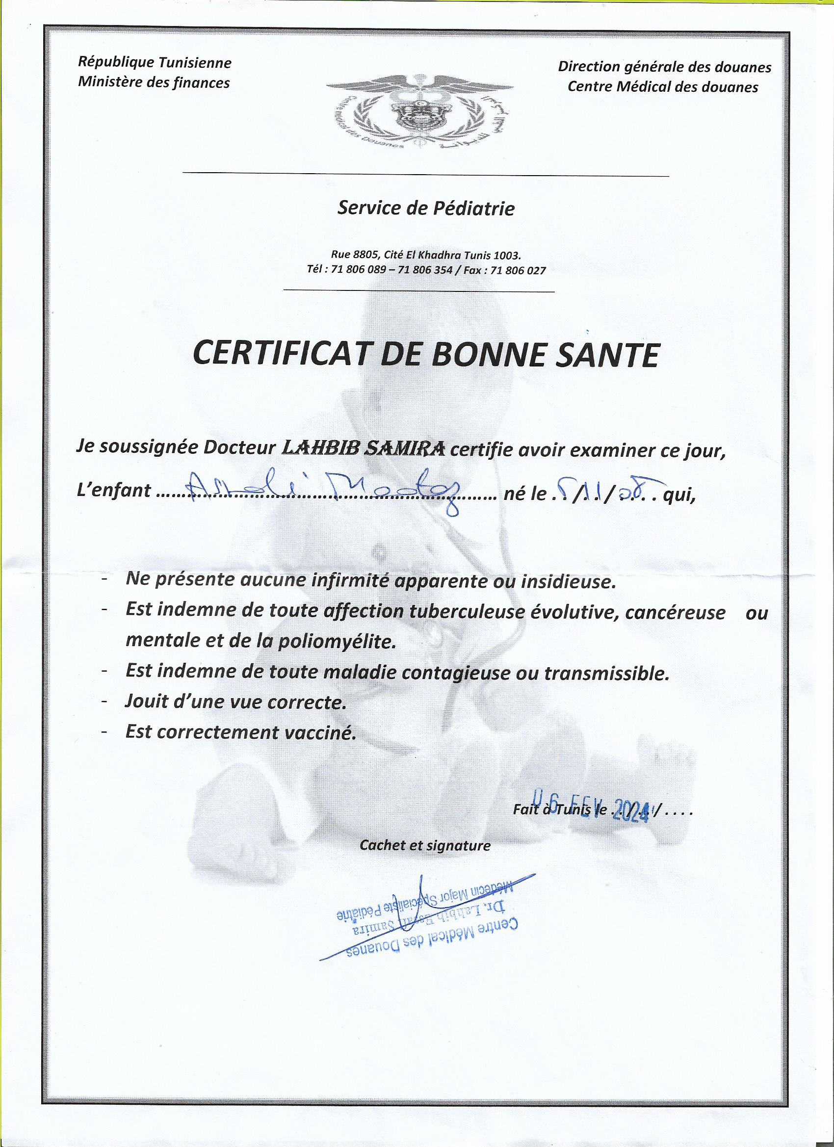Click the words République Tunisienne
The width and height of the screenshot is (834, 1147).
154,63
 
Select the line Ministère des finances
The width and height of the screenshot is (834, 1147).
154,82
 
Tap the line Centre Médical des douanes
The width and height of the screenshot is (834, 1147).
663,87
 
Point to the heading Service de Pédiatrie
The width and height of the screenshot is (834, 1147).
426,209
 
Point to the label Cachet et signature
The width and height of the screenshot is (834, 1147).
425,845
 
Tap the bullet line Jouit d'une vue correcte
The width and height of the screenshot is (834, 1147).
235,703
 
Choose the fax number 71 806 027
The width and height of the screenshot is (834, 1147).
519,271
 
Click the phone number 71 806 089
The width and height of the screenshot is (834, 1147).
359,271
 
